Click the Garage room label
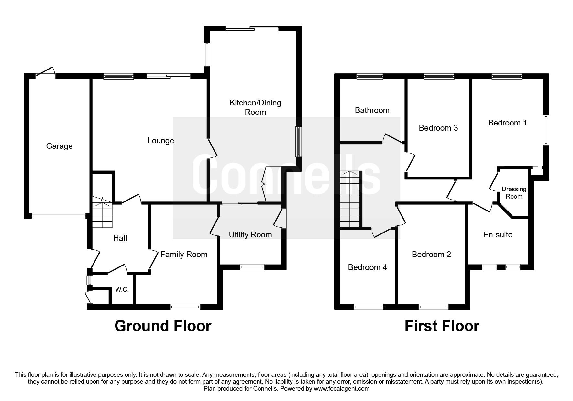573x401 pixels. click(x=59, y=146)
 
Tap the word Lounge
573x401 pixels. click(x=160, y=141)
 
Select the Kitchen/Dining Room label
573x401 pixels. click(x=255, y=107)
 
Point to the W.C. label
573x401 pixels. click(x=122, y=290)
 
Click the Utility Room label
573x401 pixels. click(x=250, y=235)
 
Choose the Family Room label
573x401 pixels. click(x=184, y=255)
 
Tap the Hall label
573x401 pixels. click(x=120, y=238)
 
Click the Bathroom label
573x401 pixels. click(x=372, y=110)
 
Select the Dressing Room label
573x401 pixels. click(x=514, y=193)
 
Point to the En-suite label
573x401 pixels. click(x=498, y=235)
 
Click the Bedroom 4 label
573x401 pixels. click(x=367, y=267)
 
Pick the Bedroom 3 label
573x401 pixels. click(x=438, y=128)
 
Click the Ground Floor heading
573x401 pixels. click(x=163, y=326)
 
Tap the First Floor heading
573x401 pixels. click(x=442, y=326)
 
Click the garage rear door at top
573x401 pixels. click(x=45, y=72)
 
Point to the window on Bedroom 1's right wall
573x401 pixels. click(x=545, y=130)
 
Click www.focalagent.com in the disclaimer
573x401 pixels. click(x=341, y=389)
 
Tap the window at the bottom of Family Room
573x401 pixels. click(x=185, y=307)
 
